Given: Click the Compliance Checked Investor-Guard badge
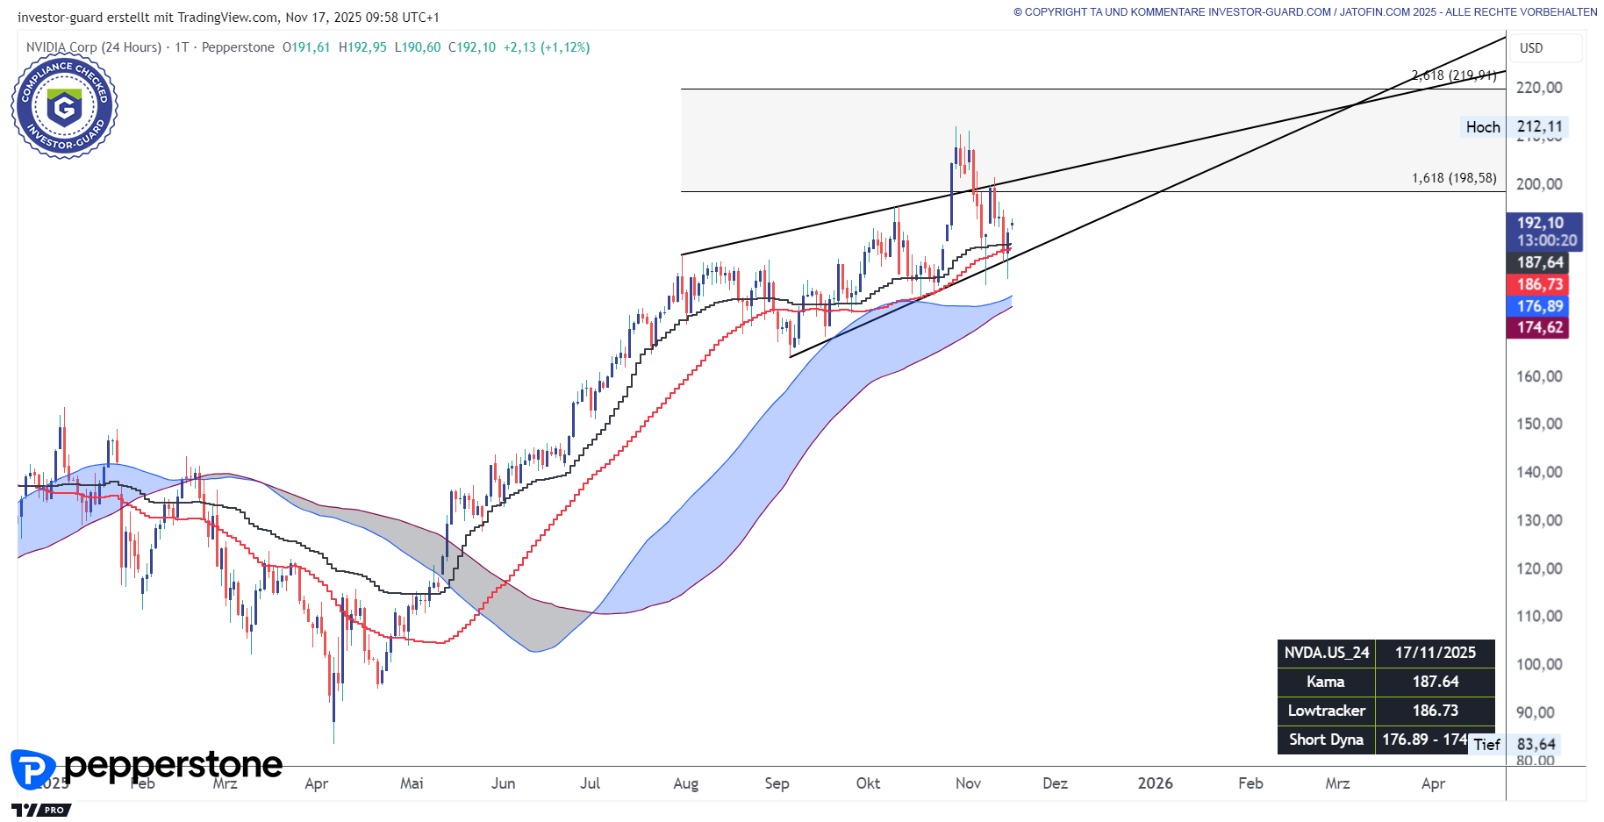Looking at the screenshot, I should click(64, 106).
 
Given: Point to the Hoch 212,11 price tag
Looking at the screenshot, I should click(1514, 127).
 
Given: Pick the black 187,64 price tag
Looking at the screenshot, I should click(1540, 262).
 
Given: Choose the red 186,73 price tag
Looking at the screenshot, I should click(1540, 284).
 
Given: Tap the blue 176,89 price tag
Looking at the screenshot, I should click(1540, 306).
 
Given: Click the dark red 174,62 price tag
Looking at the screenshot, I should click(1540, 327).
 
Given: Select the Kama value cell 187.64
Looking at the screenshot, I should click(1435, 682).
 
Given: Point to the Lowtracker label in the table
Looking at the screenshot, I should click(1326, 711).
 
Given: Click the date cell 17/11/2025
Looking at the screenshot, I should click(1435, 653).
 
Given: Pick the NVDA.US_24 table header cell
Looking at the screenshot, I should click(1326, 653).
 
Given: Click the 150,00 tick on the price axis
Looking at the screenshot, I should click(1539, 424).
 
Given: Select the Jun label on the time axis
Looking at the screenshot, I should click(503, 783).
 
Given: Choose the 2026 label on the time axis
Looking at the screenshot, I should click(1155, 783).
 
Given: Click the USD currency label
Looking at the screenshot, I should click(1531, 48).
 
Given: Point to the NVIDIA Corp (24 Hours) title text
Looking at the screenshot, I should click(94, 47).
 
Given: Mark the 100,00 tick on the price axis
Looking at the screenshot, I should click(1539, 664).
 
